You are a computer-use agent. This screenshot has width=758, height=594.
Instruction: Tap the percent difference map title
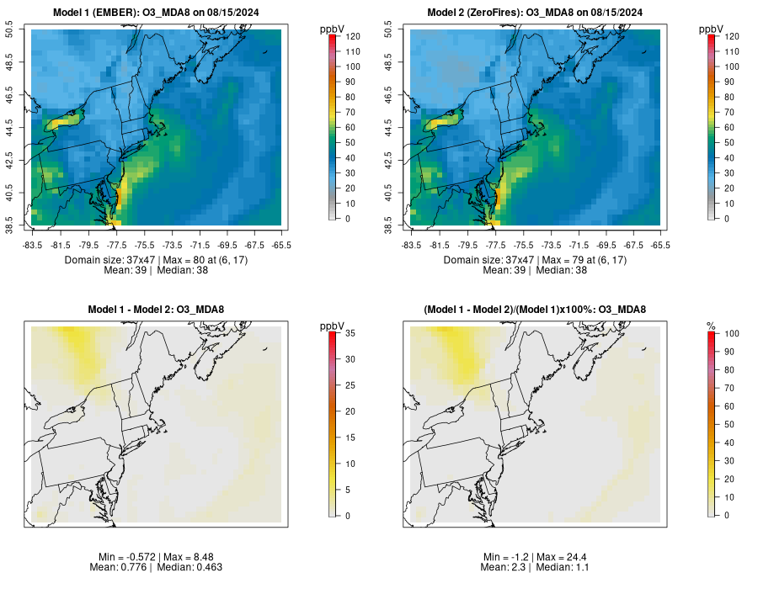click(x=536, y=310)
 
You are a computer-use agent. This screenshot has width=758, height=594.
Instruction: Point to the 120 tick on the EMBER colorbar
click(x=346, y=36)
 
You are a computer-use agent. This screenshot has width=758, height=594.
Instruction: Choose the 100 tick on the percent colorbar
click(x=725, y=333)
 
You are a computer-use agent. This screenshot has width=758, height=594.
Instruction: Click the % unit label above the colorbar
click(x=711, y=326)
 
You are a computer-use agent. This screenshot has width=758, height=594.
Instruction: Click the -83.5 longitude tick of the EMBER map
click(x=33, y=245)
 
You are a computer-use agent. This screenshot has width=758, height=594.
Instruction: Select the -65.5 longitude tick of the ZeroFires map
click(x=660, y=245)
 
